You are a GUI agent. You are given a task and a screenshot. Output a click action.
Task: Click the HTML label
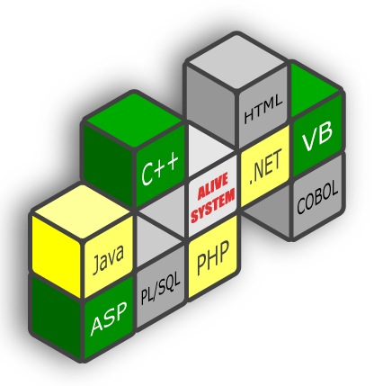pos(263,109)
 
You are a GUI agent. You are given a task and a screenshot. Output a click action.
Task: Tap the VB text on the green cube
pos(317,137)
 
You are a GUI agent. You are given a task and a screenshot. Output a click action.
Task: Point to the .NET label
pos(265,167)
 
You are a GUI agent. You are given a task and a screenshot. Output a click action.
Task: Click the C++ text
pos(160,168)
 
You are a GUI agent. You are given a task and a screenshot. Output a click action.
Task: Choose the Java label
pos(108,258)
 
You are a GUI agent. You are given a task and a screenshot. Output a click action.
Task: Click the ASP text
pos(109,318)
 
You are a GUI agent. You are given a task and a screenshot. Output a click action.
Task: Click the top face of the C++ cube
pos(135,120)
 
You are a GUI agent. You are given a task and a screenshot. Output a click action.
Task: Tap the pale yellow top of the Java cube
pos(82,212)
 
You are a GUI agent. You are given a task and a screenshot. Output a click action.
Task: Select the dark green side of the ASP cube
pos(57,318)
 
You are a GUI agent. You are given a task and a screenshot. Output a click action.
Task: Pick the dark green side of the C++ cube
pos(109,165)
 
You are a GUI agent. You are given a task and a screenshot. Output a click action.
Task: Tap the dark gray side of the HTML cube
pos(211,104)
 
